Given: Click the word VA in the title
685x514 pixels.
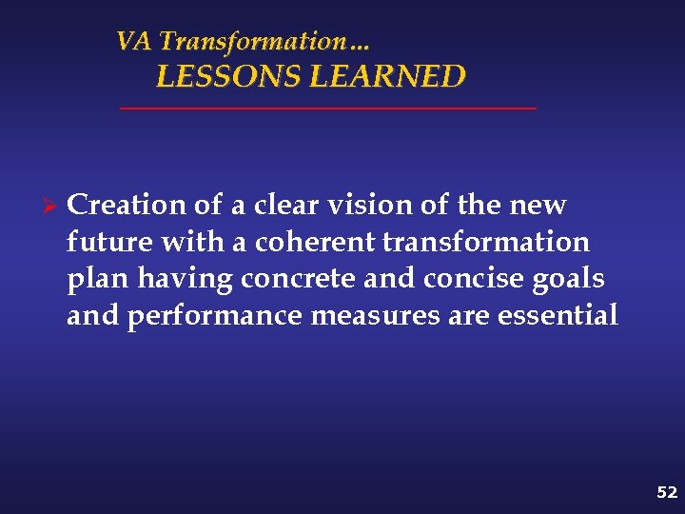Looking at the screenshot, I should coord(134,42).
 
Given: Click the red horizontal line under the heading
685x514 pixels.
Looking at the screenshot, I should coord(328,109).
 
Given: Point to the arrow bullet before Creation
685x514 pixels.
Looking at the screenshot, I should coord(53,206).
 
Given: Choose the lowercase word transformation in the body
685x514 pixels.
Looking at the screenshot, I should coord(485,242).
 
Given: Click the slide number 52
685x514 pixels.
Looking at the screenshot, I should coord(667,492).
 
